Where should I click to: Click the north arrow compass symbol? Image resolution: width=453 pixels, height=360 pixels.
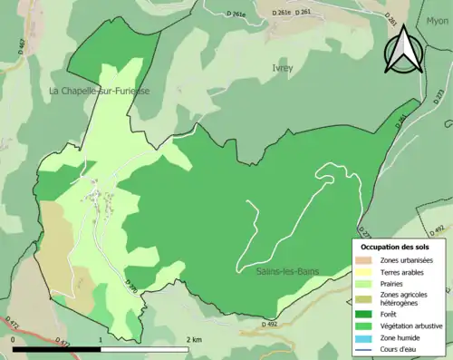pos(403,51)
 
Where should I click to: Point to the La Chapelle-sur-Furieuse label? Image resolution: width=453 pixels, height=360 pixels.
pos(100,92)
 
